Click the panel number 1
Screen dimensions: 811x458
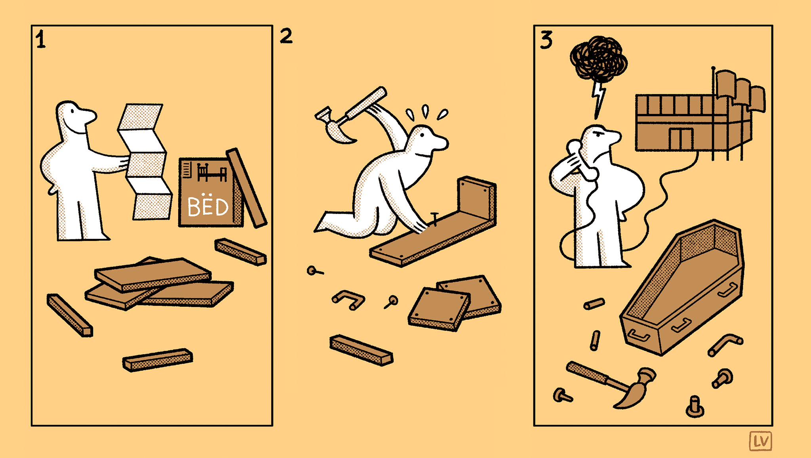(x=40, y=40)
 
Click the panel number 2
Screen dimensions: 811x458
(x=286, y=36)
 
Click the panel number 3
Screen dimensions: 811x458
(x=546, y=40)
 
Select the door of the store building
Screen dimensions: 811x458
(x=681, y=139)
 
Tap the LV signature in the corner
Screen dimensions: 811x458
(x=761, y=441)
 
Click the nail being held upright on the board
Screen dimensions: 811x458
(x=435, y=219)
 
